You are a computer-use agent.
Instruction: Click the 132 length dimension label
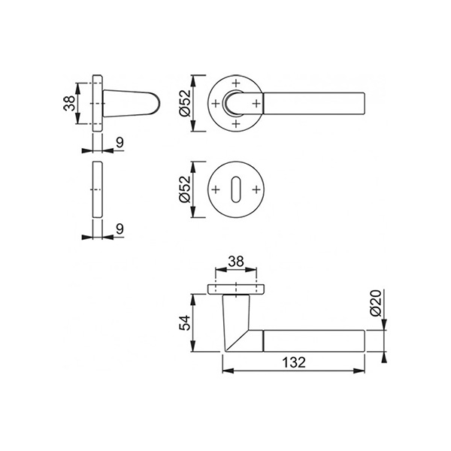coord(294,362)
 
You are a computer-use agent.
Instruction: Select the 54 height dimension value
coord(185,322)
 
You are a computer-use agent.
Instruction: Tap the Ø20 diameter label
coord(376,303)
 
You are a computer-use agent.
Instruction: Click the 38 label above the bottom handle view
coord(236,262)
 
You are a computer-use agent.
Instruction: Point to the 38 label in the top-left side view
coord(69,103)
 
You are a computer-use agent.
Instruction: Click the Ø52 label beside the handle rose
coord(185,103)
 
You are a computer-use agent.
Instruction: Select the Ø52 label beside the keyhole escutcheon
coord(185,189)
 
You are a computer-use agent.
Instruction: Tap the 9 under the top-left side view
coord(120,142)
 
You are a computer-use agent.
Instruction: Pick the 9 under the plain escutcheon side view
coord(120,229)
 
